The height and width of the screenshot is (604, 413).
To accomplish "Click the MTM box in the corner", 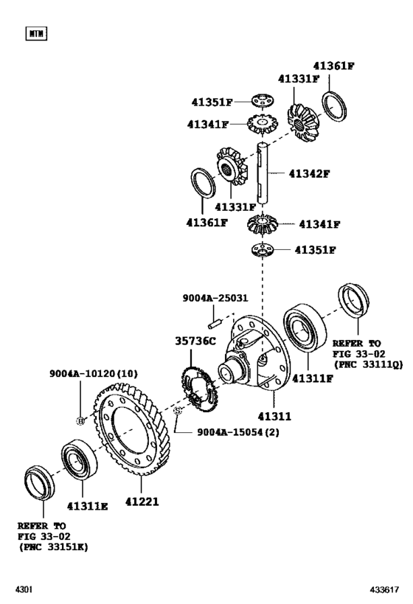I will pos(35,33).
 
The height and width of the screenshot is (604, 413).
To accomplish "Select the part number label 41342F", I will pos(309,173).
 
